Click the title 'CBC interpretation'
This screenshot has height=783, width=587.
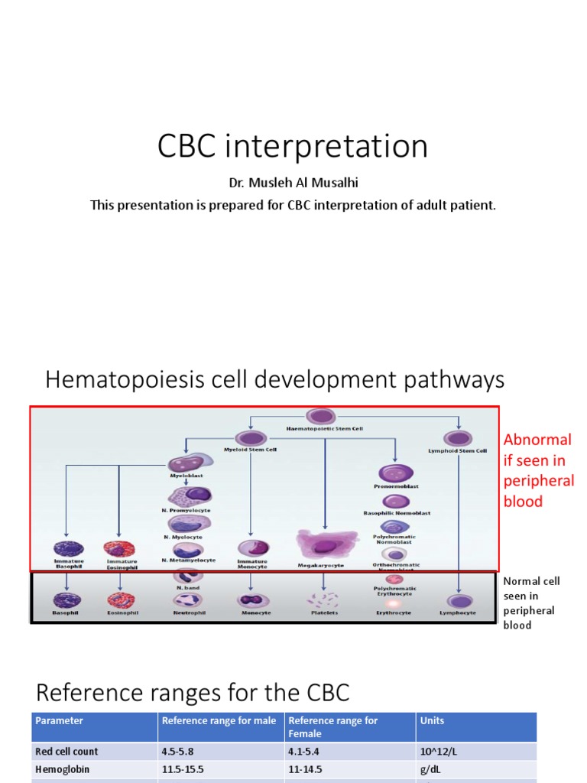[293, 146]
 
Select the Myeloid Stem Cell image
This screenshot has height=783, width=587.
[250, 438]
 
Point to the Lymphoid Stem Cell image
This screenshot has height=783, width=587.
[458, 439]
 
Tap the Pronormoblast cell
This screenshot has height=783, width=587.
[396, 473]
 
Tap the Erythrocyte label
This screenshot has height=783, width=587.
[394, 613]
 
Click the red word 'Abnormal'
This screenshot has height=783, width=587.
[537, 440]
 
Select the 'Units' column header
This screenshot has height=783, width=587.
[432, 720]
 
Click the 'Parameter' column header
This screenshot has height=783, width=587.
[59, 720]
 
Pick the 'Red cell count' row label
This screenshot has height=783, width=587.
[66, 752]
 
